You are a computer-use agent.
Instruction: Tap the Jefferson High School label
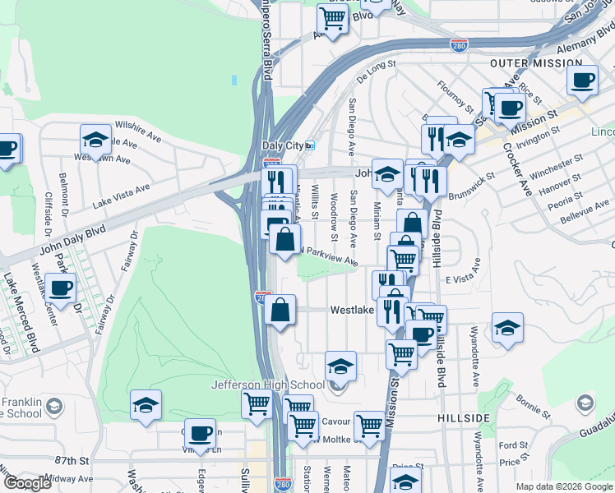pyautogui.click(x=267, y=385)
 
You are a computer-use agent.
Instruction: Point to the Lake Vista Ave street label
pyautogui.click(x=121, y=194)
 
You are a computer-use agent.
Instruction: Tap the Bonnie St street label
pyautogui.click(x=534, y=404)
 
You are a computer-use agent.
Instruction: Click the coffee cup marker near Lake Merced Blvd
pyautogui.click(x=60, y=288)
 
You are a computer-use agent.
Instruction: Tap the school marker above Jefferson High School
pyautogui.click(x=340, y=364)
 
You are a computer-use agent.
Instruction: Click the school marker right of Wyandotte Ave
pyautogui.click(x=507, y=327)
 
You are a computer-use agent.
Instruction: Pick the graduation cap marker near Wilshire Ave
pyautogui.click(x=95, y=138)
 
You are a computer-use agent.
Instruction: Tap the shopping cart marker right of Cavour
pyautogui.click(x=369, y=425)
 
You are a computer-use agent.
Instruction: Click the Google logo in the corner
pyautogui.click(x=27, y=483)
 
